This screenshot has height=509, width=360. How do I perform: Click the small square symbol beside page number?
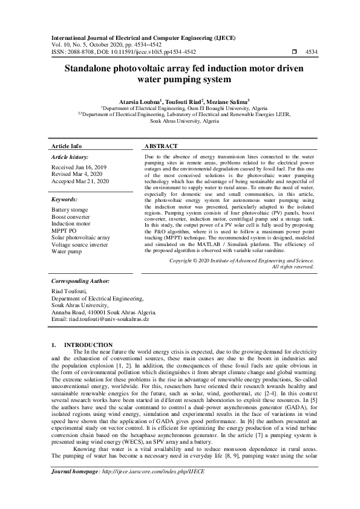(x=294, y=53)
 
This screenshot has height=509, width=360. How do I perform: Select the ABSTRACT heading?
(x=160, y=147)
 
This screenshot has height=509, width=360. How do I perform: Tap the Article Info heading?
(x=67, y=147)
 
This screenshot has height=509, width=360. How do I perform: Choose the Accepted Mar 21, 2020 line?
(x=80, y=181)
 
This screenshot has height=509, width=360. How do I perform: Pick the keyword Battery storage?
(x=70, y=210)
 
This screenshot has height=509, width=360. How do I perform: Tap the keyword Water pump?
(x=67, y=252)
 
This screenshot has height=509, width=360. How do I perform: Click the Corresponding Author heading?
(x=80, y=282)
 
